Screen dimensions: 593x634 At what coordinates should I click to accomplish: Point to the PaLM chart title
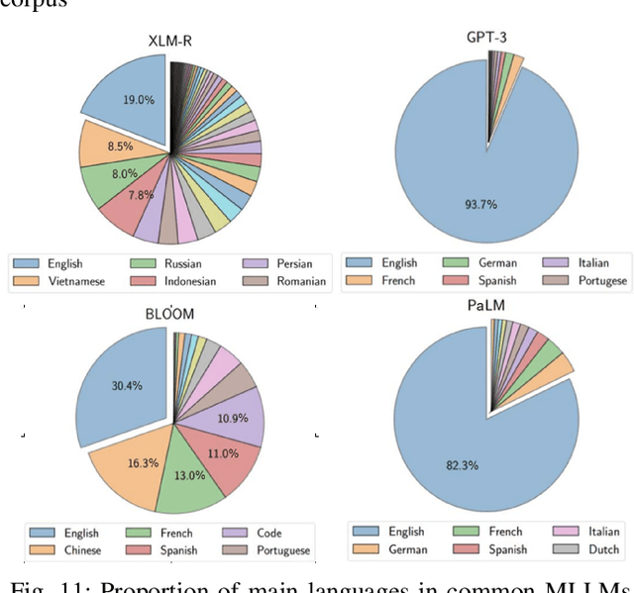point(487,305)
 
